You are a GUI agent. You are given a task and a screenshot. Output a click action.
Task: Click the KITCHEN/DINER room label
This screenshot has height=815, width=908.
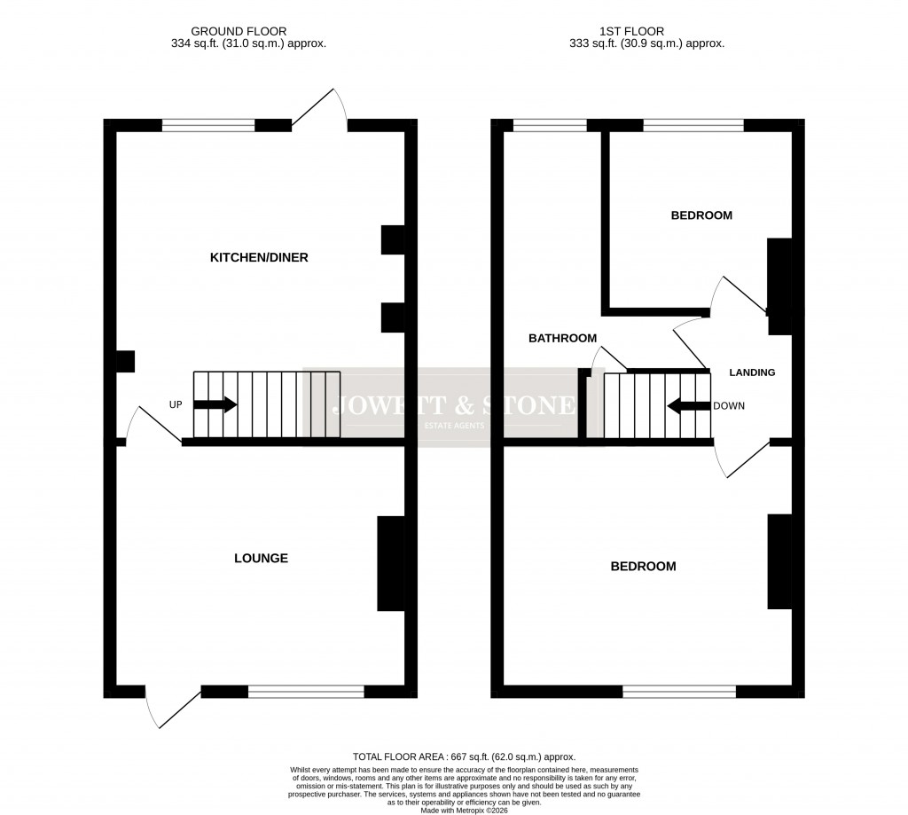click(258, 258)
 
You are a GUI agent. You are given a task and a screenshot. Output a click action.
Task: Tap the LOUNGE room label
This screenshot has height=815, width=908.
click(261, 559)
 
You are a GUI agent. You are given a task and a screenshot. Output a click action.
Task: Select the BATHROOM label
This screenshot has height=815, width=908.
click(562, 338)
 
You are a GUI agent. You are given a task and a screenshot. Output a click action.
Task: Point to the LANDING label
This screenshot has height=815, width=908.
click(752, 372)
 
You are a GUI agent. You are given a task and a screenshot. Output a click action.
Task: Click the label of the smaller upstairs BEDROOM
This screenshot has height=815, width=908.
click(701, 216)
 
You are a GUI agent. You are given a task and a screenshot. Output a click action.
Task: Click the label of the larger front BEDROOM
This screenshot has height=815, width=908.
click(643, 567)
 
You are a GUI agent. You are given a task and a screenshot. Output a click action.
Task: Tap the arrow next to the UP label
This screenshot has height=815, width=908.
click(215, 405)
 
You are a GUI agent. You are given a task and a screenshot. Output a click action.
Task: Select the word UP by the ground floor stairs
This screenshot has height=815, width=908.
click(176, 405)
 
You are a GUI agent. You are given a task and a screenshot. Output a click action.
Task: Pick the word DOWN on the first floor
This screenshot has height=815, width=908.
click(729, 406)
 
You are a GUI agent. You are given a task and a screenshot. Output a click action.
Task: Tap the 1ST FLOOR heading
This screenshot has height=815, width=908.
click(648, 31)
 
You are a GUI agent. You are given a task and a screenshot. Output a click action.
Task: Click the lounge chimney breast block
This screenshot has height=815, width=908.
click(391, 563)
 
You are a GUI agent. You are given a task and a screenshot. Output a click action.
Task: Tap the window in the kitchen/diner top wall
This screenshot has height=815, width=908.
click(208, 125)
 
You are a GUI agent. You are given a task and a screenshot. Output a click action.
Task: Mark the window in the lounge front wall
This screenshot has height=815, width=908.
click(306, 692)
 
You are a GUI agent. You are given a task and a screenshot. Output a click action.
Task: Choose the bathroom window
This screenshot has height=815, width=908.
click(550, 125)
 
